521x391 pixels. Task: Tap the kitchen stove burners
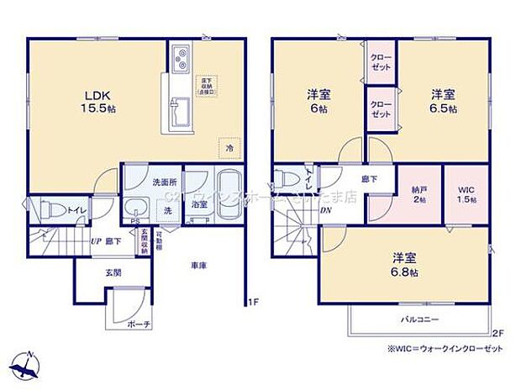pos(181,59)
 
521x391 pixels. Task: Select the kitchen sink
pos(179,107)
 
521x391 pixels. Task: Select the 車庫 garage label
pos(198,265)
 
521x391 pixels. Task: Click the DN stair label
pos(325,210)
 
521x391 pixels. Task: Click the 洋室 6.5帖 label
pos(445,102)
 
